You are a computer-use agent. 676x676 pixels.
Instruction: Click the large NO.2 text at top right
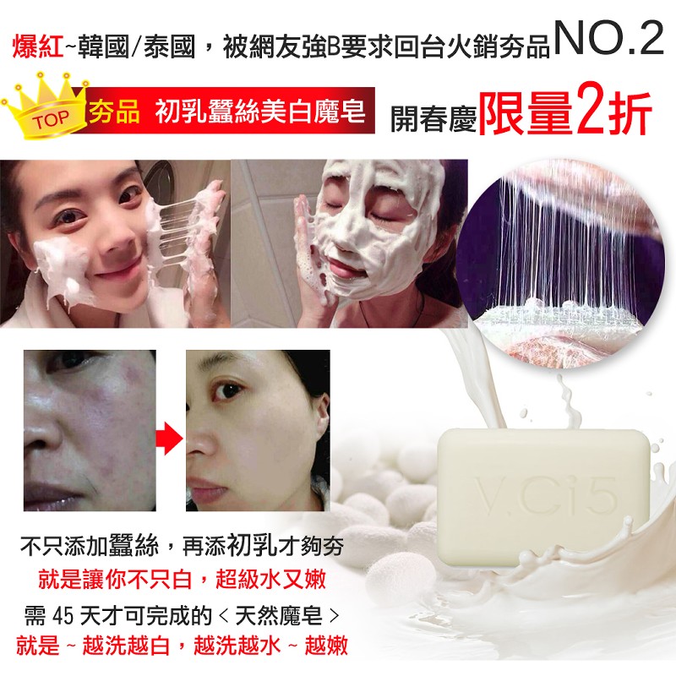[609, 38]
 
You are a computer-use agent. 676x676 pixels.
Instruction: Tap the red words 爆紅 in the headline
[38, 46]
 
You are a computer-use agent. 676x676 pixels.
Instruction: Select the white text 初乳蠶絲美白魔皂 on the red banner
[260, 112]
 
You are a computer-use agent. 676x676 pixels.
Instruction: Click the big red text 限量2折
[564, 113]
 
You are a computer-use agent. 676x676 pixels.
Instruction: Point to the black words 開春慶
[433, 117]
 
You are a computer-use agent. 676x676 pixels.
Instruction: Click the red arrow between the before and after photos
[170, 439]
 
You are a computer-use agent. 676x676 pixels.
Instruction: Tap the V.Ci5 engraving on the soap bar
[546, 497]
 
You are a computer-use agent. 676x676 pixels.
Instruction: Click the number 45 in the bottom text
[62, 616]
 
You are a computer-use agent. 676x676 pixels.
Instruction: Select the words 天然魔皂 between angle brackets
[279, 616]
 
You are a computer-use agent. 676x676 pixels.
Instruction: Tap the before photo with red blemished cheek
[90, 430]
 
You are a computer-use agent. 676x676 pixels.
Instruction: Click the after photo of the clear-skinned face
[258, 430]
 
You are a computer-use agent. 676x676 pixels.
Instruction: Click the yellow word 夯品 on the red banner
[114, 112]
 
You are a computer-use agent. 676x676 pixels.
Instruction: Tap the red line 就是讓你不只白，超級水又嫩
[182, 579]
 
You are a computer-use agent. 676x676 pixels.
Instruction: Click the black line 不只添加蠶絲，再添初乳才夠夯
[182, 546]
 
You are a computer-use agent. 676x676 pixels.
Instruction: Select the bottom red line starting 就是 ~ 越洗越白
[182, 646]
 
